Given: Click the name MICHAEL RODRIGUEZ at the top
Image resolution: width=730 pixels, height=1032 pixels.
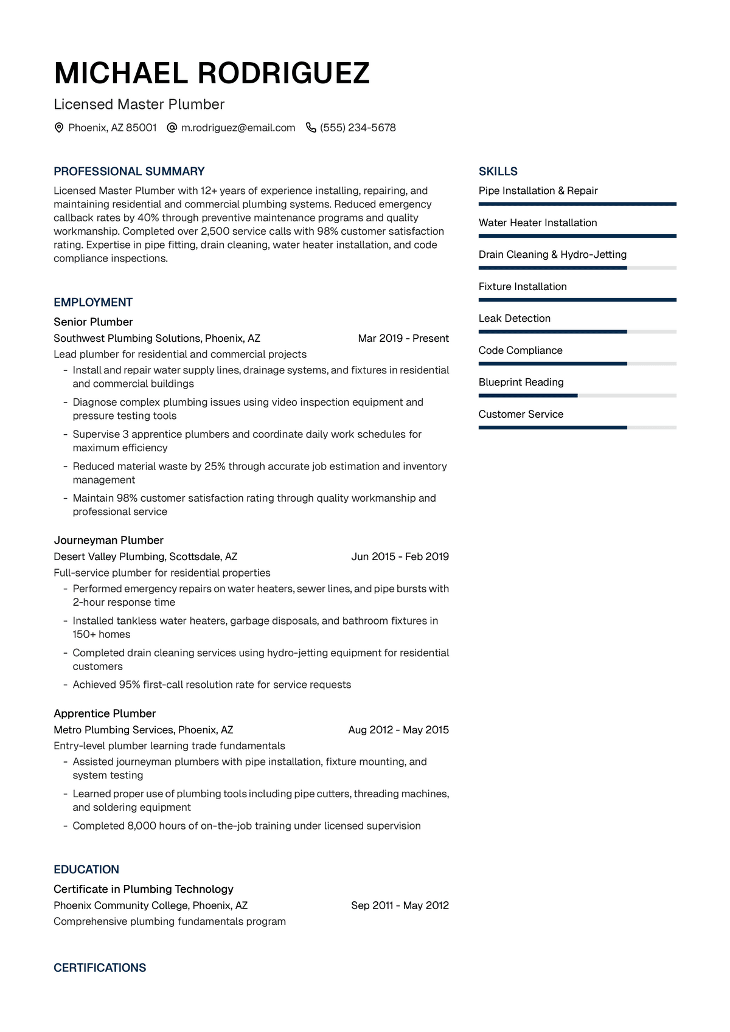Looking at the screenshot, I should click(x=212, y=74).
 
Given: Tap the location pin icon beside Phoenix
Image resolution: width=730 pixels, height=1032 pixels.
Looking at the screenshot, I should click(x=59, y=128).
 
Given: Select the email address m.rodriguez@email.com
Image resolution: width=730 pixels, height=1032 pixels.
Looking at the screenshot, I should click(x=238, y=128).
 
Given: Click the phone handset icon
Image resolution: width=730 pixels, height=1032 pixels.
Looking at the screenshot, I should click(x=311, y=128).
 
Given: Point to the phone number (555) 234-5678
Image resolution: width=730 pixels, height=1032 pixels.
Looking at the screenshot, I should click(x=358, y=128).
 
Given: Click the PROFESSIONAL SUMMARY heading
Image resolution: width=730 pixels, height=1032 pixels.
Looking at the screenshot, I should click(x=129, y=171).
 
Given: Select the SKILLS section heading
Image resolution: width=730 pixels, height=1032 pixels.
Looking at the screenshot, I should click(x=498, y=171).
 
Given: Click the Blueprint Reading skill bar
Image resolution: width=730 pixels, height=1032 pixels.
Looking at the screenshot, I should click(x=577, y=396).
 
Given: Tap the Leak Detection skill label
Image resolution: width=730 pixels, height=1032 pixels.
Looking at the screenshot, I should click(x=514, y=319).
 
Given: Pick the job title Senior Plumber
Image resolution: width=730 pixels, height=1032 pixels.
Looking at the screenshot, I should click(x=93, y=322).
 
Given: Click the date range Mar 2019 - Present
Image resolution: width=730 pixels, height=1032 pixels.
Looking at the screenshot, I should click(x=403, y=339).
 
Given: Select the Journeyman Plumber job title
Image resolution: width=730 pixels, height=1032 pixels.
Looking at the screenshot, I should click(x=108, y=541).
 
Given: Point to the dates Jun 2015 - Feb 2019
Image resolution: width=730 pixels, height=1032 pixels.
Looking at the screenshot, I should click(x=400, y=557).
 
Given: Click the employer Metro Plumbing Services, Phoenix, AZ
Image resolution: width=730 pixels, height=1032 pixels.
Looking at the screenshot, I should click(x=144, y=730).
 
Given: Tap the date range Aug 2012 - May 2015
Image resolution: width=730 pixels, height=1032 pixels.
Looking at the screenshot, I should click(x=398, y=730).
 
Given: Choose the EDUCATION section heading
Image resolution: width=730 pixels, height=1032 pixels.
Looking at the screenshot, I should click(x=86, y=870).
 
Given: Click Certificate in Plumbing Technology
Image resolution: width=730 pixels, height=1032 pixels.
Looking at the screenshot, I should click(x=144, y=889).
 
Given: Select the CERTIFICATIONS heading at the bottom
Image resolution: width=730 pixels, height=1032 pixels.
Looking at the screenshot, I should click(x=100, y=968).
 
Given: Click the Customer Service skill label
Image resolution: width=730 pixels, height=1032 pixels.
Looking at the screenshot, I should click(x=521, y=415).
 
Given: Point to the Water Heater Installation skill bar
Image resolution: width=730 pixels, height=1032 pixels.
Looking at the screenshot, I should click(x=577, y=236).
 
